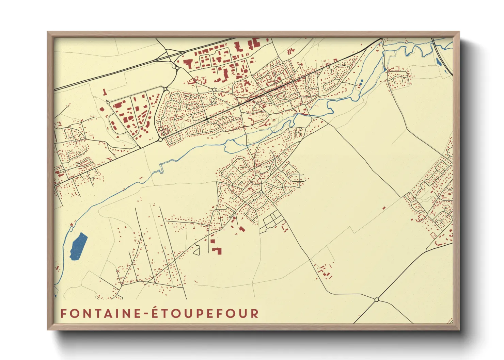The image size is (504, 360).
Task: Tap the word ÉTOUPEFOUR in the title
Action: pos(205,313)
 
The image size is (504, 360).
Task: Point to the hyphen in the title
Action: pos(146,314)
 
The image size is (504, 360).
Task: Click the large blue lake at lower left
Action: pos(79,246)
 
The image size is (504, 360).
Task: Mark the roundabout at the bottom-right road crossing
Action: pos(376,299)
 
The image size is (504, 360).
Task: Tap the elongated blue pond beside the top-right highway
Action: pos(438,62)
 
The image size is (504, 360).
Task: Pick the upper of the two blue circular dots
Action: pos(362,81)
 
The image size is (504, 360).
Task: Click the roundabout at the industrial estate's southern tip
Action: pos(160,140)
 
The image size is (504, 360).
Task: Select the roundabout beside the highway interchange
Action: pos(177,68)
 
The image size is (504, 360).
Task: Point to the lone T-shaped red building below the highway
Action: pos(105,92)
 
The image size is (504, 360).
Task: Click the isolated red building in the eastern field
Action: pos(384,207)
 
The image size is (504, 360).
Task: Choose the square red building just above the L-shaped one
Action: pos(212,241)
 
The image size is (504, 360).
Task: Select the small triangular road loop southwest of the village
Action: pos(196,251)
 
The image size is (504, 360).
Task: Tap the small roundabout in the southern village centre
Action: pos(261,193)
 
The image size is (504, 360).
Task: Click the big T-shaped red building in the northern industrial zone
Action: pos(188,64)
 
